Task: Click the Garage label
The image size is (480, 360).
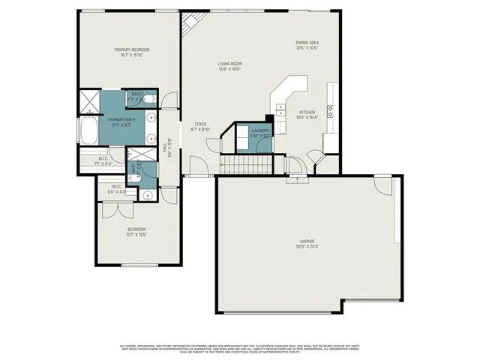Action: pos(307,241)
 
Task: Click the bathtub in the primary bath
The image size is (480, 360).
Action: pos(88,132)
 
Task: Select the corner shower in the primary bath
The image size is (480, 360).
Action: pos(89,100)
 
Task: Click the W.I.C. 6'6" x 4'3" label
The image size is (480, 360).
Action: pos(118,187)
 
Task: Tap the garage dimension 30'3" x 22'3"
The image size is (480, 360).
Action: pos(307,247)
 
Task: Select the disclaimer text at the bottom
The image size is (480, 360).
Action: pos(240,349)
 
